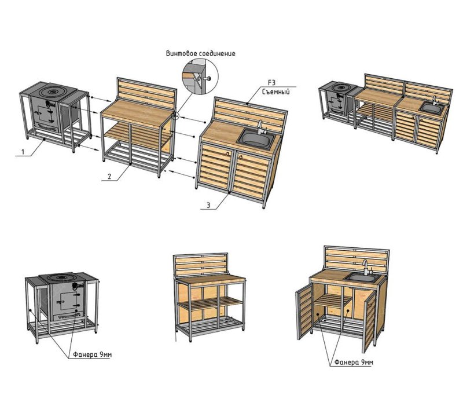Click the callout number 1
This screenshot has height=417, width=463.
[x=23, y=152]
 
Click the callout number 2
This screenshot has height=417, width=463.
[x=109, y=177]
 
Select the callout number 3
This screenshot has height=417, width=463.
[x=208, y=205]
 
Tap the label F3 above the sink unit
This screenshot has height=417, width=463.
[x=271, y=83]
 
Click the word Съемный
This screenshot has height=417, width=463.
[x=276, y=92]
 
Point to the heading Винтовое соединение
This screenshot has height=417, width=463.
[x=200, y=53]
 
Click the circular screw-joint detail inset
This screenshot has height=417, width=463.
[x=200, y=76]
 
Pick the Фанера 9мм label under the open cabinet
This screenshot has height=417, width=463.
[x=354, y=362]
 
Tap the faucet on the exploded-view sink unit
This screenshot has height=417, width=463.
[x=261, y=127]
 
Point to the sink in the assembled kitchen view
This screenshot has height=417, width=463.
[x=432, y=108]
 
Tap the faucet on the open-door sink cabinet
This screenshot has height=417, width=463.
[x=366, y=267]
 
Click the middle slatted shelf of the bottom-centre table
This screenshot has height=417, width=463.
[x=211, y=303]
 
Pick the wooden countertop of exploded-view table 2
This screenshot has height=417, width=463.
[x=137, y=113]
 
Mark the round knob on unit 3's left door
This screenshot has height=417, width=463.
[x=228, y=153]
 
